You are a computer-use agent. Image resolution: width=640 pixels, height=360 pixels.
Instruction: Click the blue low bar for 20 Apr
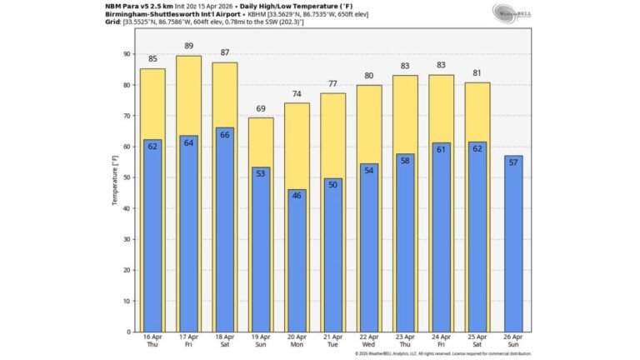pos(297,262)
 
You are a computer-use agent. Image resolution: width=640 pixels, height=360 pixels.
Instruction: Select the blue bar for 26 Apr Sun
pos(514,246)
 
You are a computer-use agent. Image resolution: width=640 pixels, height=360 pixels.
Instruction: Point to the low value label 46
pos(297,196)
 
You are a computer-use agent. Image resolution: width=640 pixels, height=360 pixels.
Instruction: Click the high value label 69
pos(261,108)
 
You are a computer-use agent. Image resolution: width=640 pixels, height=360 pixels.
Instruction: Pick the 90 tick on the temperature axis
pos(126,54)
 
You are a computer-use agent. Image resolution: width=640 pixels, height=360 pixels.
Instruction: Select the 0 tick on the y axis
pos(127,332)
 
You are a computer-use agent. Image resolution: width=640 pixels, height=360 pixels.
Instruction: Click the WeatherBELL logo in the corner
pos(512,12)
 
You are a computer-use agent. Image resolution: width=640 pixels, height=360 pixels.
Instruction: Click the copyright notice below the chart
pos(442,353)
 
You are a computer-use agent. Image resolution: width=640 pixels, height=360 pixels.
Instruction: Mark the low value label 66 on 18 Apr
pos(225,134)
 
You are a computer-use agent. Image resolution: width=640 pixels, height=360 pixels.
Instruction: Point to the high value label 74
pos(297,93)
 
